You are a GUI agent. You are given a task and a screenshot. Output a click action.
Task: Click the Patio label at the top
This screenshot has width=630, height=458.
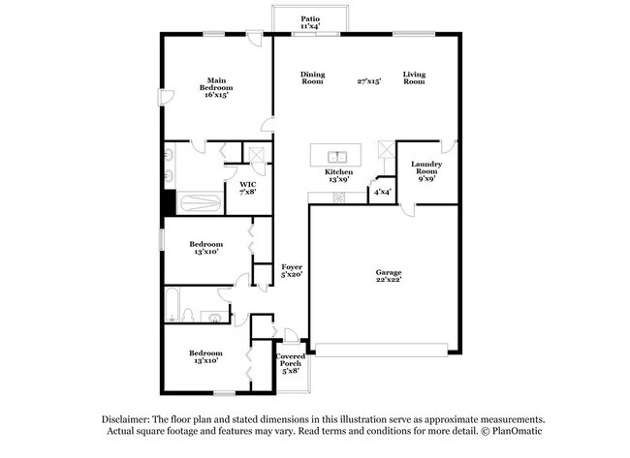[309, 18]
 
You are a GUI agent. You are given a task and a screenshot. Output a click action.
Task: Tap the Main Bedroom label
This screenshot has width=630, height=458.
[215, 84]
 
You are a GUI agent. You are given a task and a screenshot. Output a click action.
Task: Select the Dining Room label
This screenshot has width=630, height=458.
[312, 78]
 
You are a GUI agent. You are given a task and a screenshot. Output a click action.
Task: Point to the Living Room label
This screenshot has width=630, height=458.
[415, 78]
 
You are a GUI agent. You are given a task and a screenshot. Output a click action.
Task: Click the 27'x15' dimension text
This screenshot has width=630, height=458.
[368, 82]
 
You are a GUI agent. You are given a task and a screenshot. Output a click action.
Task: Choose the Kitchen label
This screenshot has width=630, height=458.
[338, 171]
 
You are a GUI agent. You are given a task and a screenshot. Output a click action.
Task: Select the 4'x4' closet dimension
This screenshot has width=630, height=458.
[383, 191]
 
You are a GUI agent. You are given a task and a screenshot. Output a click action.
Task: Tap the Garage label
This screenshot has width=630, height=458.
[389, 273]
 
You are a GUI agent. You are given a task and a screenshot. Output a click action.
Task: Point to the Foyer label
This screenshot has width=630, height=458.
[292, 266]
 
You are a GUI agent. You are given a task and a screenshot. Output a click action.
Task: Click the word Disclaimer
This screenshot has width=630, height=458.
[128, 418]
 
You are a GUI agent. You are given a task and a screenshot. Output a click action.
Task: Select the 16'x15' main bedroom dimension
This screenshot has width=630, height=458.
[215, 96]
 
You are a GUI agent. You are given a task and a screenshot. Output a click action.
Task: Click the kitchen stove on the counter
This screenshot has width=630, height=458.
[339, 197]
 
